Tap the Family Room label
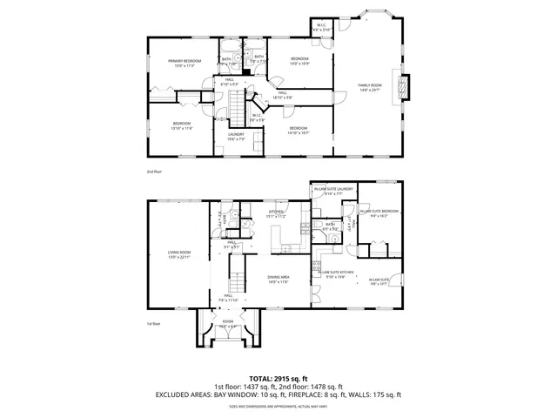pyautogui.click(x=370, y=86)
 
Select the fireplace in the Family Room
pyautogui.click(x=403, y=86)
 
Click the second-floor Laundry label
pyautogui.click(x=237, y=136)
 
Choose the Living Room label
pyautogui.click(x=179, y=254)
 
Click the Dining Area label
pyautogui.click(x=278, y=278)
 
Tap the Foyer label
pyautogui.click(x=228, y=324)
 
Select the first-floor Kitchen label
pyautogui.click(x=277, y=213)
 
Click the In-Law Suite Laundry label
pyautogui.click(x=333, y=191)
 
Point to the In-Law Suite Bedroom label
pyautogui.click(x=379, y=212)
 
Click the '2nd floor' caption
pyautogui.click(x=154, y=172)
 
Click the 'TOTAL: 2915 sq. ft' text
pyautogui.click(x=278, y=379)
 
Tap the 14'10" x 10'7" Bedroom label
pyautogui.click(x=299, y=131)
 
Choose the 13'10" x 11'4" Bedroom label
pyautogui.click(x=181, y=126)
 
